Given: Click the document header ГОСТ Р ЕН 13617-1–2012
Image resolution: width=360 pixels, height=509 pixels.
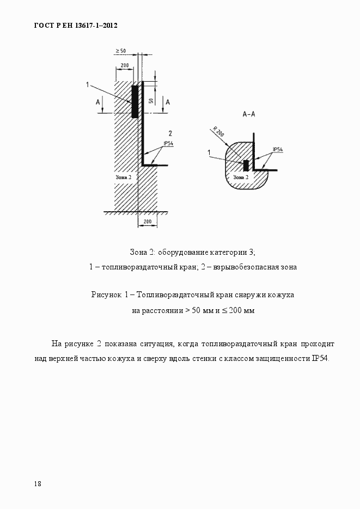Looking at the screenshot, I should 76,26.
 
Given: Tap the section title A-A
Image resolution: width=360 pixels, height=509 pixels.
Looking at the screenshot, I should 250,115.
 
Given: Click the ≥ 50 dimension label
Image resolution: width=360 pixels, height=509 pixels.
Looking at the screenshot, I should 120,51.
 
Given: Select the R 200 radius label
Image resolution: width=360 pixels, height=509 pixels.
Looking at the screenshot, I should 218,132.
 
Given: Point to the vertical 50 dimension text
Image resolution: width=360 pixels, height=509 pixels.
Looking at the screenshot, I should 150,101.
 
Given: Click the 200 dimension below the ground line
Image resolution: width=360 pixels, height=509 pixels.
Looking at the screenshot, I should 147,222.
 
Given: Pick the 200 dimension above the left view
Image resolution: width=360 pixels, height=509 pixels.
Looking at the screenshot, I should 124,65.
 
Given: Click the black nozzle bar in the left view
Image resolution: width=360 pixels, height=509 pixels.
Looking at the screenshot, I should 134,101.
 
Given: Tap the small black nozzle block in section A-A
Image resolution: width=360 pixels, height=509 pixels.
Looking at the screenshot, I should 246,165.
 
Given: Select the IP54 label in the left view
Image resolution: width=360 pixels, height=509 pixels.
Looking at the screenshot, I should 168,144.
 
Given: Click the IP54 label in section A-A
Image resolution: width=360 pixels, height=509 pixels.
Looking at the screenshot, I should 277,149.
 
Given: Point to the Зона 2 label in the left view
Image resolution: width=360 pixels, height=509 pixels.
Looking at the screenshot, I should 124,177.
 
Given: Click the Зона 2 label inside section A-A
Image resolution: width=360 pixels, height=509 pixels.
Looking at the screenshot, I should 241,177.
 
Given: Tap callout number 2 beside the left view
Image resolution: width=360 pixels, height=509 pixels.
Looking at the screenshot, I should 170,133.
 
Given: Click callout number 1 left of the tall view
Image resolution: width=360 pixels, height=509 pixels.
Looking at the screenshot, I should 87,84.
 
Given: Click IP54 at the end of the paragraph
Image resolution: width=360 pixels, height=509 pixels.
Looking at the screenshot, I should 320,359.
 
